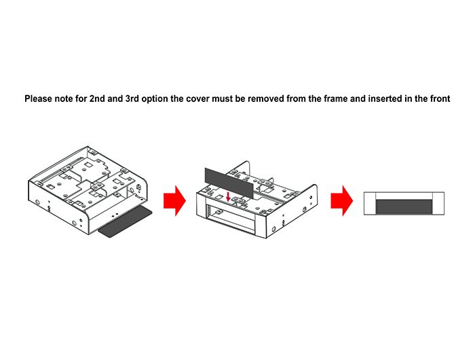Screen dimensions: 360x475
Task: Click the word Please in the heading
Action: (40, 98)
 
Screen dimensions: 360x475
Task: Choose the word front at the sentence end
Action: (438, 98)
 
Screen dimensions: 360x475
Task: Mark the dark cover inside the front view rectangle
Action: (404, 207)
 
